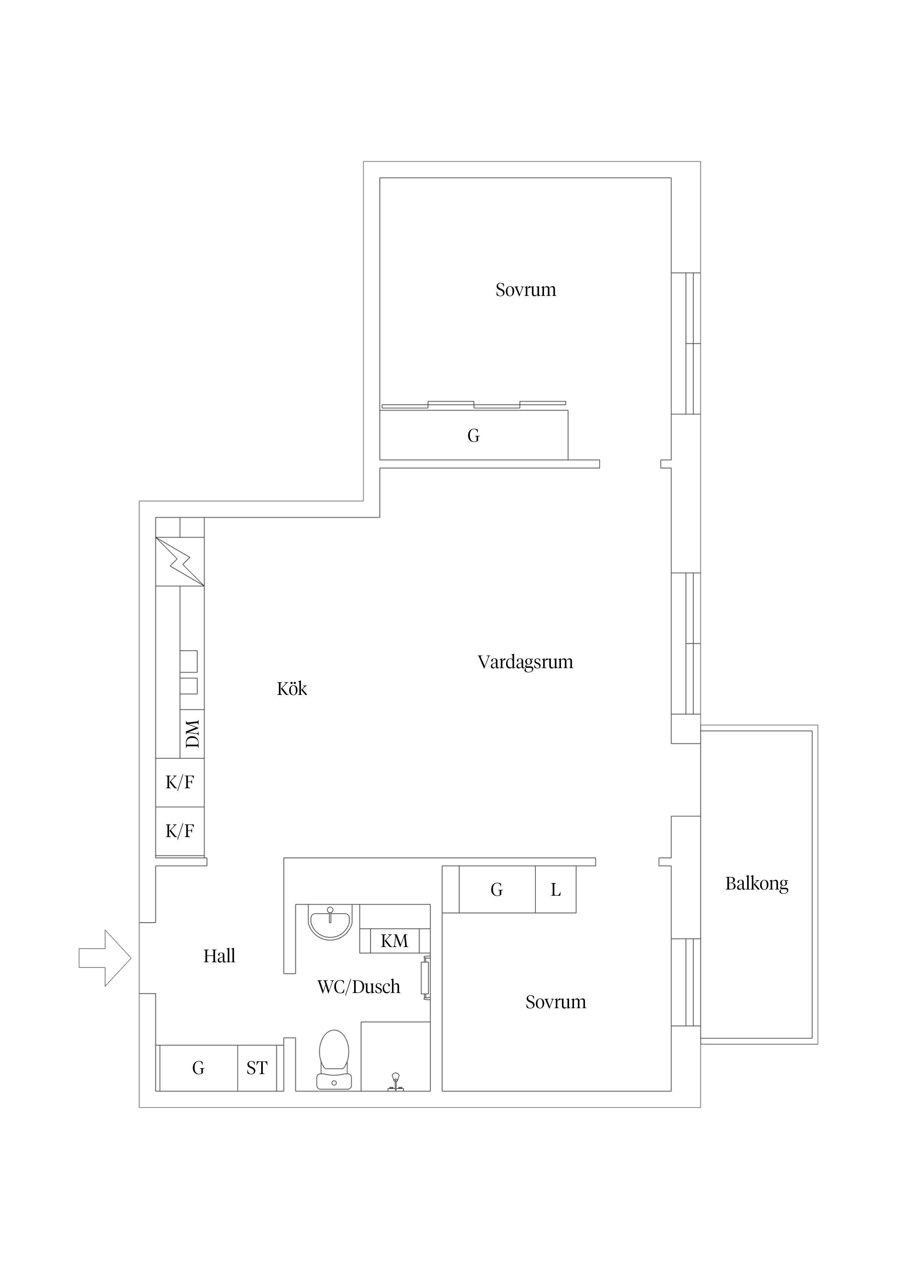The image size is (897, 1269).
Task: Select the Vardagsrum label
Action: pos(525,662)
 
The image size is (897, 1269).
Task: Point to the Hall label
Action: pos(220,956)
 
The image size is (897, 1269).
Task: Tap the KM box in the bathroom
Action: pos(395,940)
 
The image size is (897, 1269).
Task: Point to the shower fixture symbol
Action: pos(395,1082)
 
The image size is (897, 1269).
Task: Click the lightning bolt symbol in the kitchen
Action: pos(180,561)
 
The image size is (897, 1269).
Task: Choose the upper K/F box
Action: pos(180,782)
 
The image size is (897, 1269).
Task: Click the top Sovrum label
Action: pos(526,290)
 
